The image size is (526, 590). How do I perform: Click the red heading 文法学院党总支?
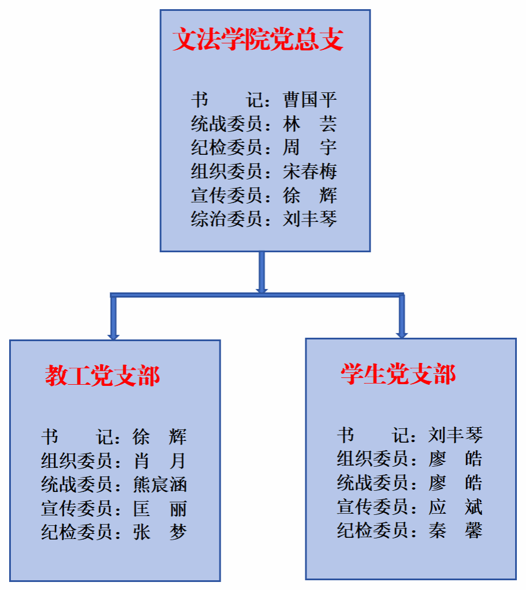coord(258,39)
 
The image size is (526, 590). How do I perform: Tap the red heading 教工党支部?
coord(103,376)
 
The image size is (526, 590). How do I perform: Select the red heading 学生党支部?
coord(398,374)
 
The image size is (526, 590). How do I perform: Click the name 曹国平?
coord(310,100)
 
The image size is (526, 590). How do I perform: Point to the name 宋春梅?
coord(310,171)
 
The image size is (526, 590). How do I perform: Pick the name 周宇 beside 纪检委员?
coord(310,147)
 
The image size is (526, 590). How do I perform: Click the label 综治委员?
coord(226,218)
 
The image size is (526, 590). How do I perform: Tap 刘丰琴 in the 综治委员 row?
coord(310,218)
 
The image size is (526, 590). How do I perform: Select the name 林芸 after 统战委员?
coord(310,123)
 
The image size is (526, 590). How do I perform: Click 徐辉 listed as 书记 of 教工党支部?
coord(160,437)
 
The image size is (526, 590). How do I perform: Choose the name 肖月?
coord(160,460)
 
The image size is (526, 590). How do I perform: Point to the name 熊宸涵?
coord(160,484)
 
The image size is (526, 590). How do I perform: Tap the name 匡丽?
coord(160,509)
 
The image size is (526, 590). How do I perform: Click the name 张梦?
coord(160,532)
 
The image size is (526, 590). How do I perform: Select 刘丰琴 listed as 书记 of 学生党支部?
coord(456,435)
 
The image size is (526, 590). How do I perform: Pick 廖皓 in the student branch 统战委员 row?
coord(456,483)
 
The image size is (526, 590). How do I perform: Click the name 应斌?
coord(456,506)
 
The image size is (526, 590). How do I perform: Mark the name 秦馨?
coord(456,530)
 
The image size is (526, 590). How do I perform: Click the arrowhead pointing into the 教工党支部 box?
coord(113,337)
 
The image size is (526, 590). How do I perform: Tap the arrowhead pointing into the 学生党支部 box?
coord(402,335)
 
